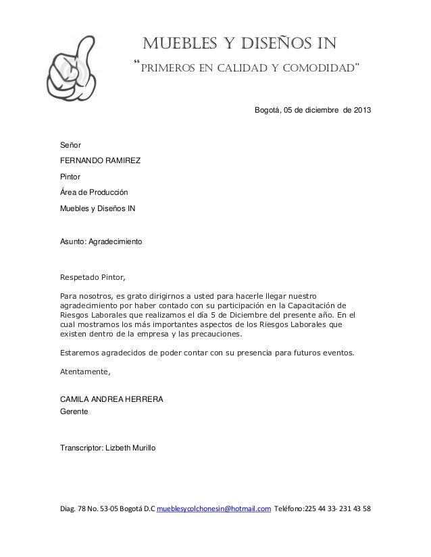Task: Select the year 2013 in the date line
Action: [x=360, y=111]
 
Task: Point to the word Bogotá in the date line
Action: [x=267, y=111]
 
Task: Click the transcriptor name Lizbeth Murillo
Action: [x=131, y=447]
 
